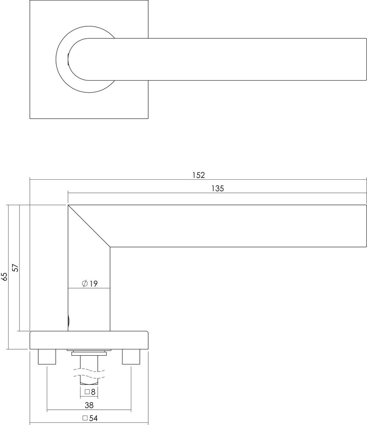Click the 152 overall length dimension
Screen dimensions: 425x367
click(x=198, y=175)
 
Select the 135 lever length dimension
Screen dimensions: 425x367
click(x=217, y=188)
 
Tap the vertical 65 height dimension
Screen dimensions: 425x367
click(x=5, y=277)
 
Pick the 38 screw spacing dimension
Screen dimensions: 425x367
click(x=89, y=405)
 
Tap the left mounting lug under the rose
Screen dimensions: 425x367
click(x=47, y=357)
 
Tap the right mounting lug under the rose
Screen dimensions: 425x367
click(x=131, y=357)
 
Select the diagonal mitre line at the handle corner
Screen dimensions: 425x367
click(x=89, y=226)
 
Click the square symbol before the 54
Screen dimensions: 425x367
click(x=85, y=418)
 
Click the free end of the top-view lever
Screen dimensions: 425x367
click(x=363, y=59)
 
